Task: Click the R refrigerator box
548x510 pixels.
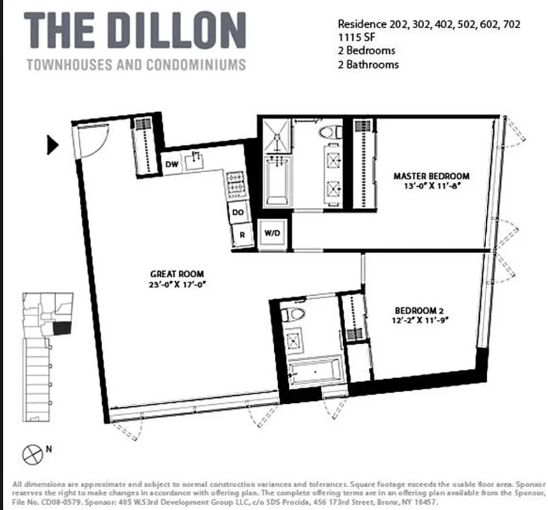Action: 242,235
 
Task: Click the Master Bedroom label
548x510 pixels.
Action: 431,176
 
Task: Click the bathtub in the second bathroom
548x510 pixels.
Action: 313,371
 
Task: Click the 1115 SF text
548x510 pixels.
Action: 355,37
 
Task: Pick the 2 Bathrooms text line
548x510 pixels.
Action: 368,64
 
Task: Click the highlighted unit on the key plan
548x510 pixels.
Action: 62,327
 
